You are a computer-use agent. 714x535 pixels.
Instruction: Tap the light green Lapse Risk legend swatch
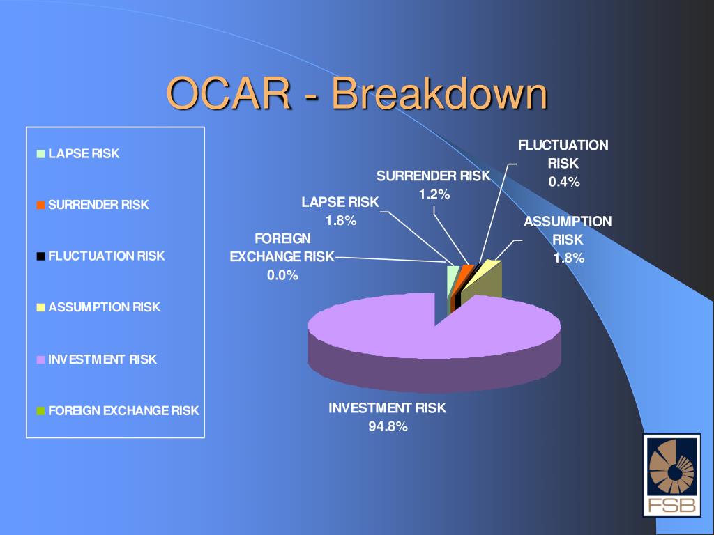[x=40, y=154]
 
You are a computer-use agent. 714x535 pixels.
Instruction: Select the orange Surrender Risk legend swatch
[x=40, y=205]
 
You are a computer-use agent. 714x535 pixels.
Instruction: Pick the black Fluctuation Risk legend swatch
[x=40, y=256]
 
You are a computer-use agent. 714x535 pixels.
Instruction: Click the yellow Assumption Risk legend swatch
[x=40, y=307]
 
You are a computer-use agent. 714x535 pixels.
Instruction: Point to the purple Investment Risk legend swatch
[x=40, y=359]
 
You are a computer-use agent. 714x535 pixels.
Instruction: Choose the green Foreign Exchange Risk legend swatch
[x=40, y=411]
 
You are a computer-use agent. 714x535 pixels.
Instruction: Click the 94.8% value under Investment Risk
[x=388, y=426]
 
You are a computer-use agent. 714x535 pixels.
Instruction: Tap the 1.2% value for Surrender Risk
[x=434, y=195]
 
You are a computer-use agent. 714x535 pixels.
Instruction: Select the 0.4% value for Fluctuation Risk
[x=564, y=182]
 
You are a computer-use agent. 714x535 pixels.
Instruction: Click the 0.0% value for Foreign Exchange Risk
[x=282, y=275]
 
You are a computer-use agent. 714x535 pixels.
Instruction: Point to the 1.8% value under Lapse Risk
[x=340, y=221]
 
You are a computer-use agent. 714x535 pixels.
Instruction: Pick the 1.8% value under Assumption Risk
[x=569, y=258]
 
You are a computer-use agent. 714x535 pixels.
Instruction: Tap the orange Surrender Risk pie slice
[x=464, y=271]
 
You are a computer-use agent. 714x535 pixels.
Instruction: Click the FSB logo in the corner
[x=671, y=475]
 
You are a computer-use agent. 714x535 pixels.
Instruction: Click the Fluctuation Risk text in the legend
[x=107, y=256]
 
